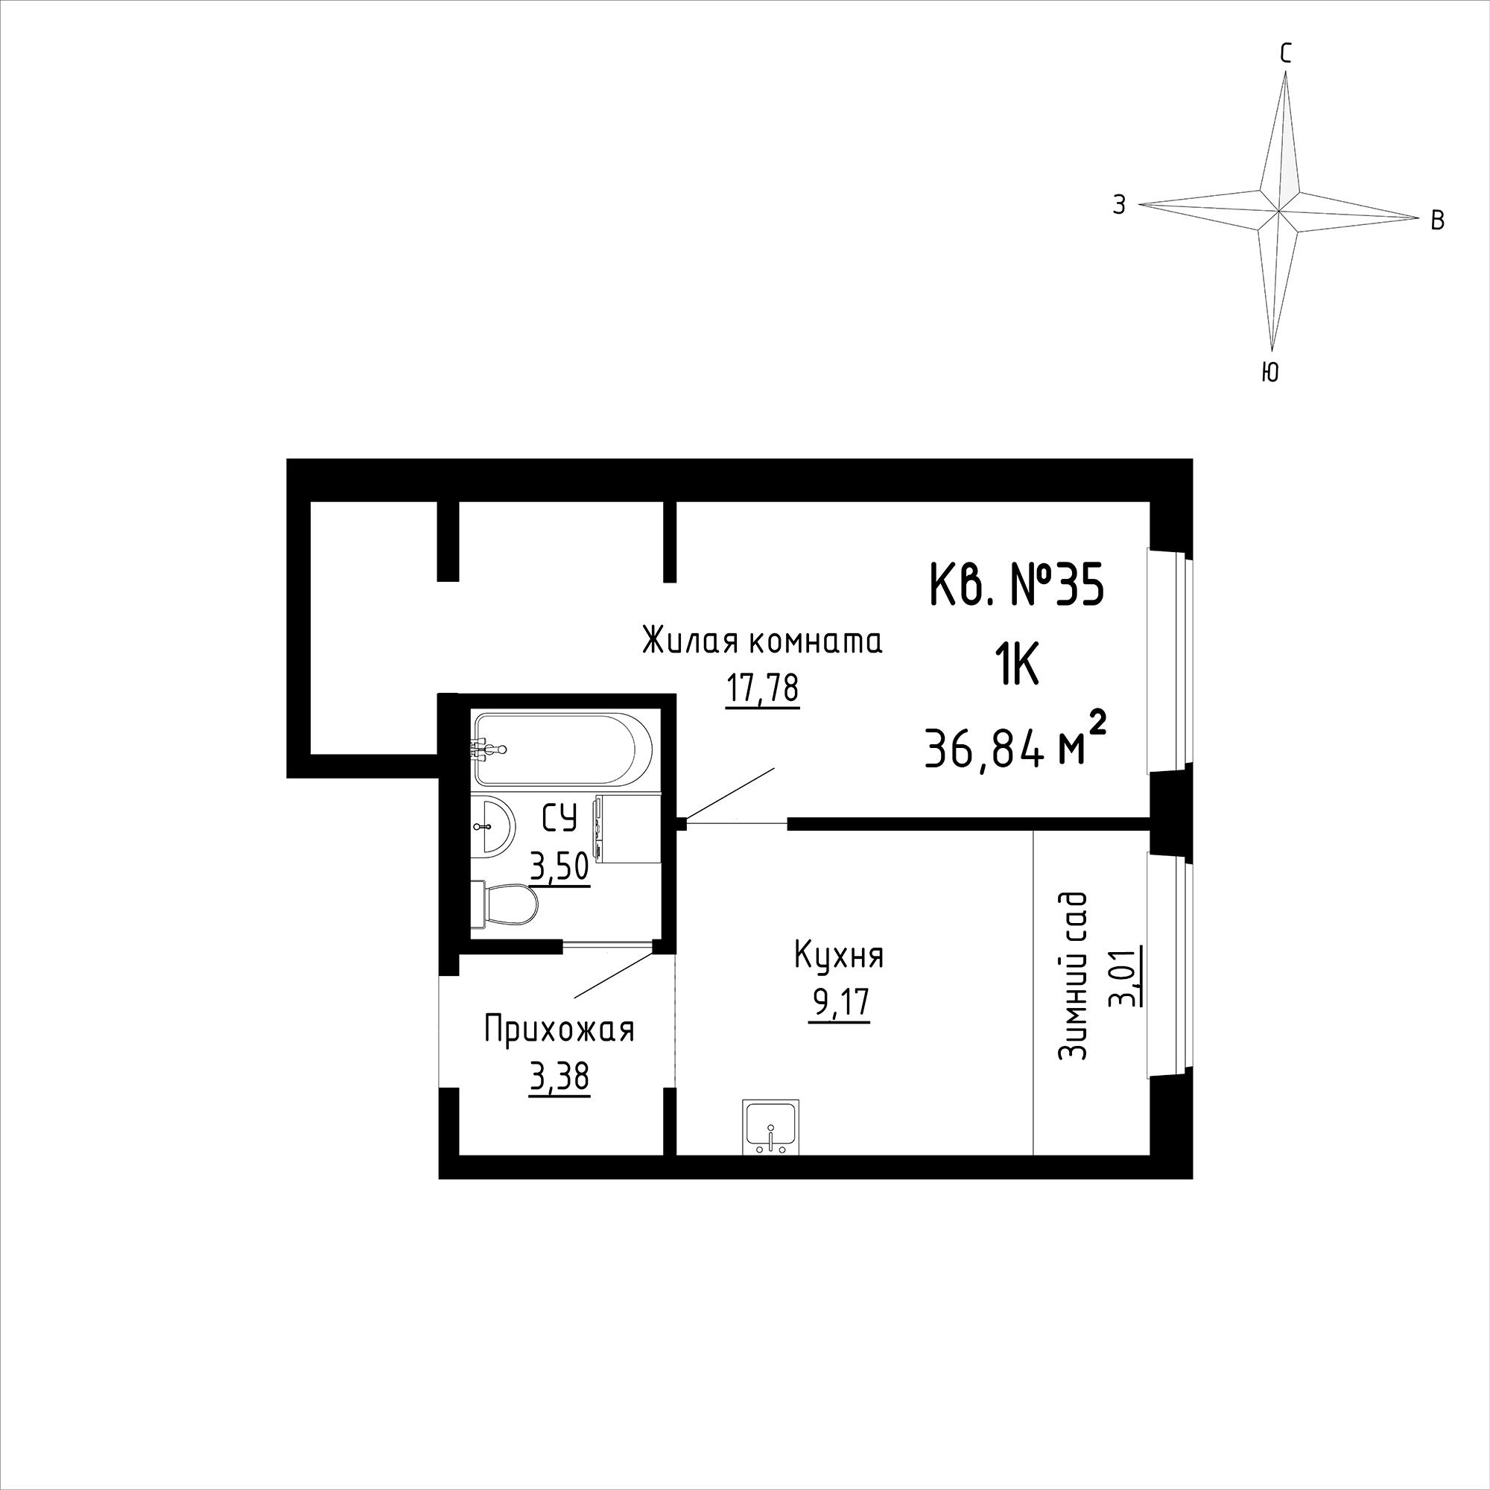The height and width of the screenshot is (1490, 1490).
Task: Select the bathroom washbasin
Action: tap(490, 826)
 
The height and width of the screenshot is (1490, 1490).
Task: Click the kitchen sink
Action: tap(770, 1126)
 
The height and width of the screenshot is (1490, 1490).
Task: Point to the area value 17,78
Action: tap(762, 688)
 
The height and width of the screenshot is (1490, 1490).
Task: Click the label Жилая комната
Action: tap(762, 641)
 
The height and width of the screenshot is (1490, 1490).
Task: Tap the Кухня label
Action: tap(839, 957)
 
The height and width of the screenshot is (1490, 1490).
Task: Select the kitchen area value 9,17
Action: tap(839, 1004)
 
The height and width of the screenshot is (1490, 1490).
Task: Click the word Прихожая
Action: tap(559, 1030)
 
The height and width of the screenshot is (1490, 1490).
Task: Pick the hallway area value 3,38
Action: tap(559, 1077)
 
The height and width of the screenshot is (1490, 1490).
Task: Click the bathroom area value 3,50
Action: tap(559, 867)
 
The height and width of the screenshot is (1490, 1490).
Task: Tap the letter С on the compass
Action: tap(1286, 53)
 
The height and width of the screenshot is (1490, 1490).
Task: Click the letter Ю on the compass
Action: tap(1269, 374)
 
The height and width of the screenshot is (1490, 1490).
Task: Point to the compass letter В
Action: tap(1438, 221)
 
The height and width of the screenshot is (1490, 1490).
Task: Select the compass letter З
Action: tap(1119, 204)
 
